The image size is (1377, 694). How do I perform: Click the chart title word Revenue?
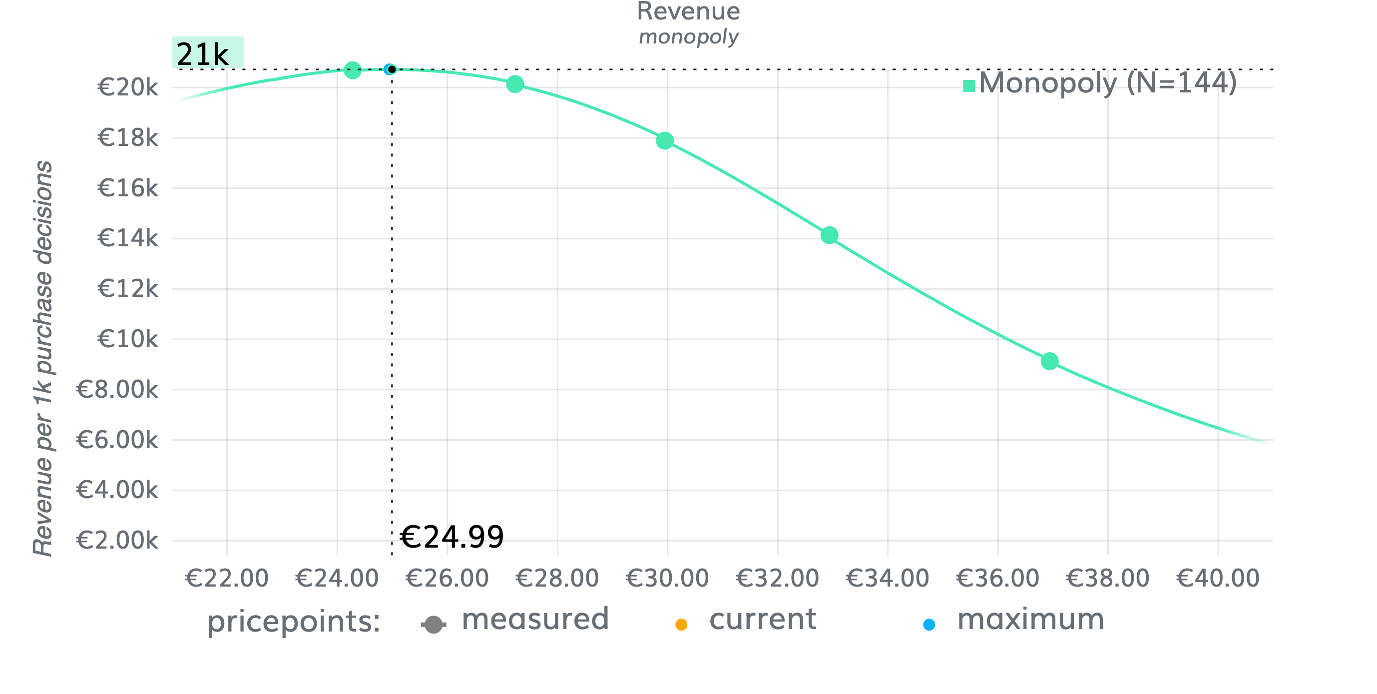pos(688,12)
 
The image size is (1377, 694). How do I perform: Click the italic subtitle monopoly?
pos(688,37)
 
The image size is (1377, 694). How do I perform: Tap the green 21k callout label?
pos(207,53)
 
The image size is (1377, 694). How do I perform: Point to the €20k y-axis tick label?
pos(128,87)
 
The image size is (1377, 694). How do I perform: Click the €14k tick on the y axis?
pos(128,238)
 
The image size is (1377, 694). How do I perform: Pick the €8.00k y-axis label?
pos(117,390)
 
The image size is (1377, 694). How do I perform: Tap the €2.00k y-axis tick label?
pos(117,541)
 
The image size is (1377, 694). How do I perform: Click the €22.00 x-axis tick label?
pos(227,579)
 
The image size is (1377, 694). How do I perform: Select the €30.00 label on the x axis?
pos(667,579)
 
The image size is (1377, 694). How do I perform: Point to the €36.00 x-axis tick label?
pos(997,579)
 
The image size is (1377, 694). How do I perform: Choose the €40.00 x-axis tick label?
pos(1218,579)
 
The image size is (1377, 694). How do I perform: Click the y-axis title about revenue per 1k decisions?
pos(43,358)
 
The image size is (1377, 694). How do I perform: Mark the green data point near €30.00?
pos(664,140)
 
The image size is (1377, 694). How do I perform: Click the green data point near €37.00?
pos(1049,361)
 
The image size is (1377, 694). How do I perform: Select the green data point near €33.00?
pos(829,235)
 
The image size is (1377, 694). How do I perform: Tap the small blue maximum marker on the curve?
pos(389,69)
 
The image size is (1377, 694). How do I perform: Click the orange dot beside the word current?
pos(681,625)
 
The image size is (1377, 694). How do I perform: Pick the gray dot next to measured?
pos(434,625)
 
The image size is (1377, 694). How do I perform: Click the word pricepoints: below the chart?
pos(294,622)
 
